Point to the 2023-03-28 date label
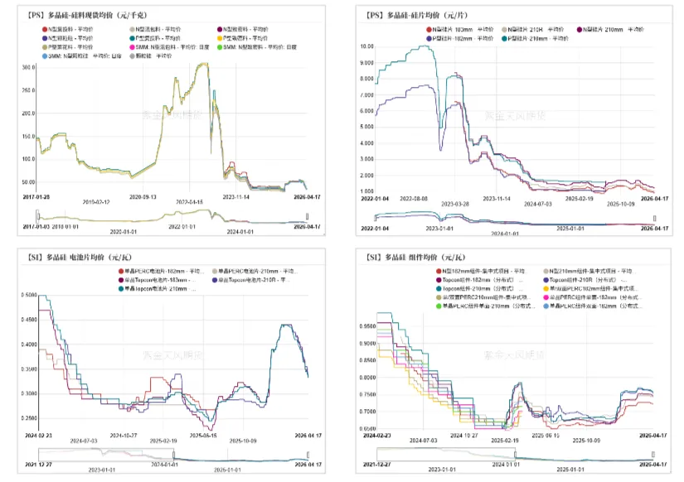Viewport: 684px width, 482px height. pos(455,203)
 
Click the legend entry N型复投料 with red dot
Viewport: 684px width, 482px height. pos(69,29)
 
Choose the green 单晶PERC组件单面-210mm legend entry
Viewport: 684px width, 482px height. pos(481,306)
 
